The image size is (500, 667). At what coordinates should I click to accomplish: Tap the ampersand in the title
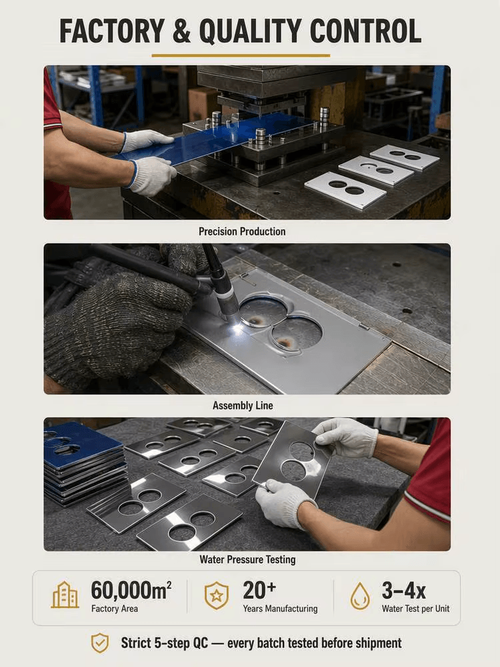point(181,31)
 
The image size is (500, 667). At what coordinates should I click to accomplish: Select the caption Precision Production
point(242,231)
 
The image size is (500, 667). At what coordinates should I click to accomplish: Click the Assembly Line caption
point(243,406)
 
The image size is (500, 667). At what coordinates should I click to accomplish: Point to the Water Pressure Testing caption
point(247,560)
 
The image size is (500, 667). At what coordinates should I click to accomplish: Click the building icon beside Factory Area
point(65,594)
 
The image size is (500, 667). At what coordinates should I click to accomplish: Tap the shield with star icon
point(217,595)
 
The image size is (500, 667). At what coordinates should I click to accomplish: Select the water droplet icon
point(360,596)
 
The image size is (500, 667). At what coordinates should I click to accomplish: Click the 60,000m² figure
point(131,590)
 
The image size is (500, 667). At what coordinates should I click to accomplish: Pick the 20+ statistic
point(259,590)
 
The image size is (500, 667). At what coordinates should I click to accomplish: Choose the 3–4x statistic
point(403,590)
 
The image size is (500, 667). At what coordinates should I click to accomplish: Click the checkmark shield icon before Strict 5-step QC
point(101,643)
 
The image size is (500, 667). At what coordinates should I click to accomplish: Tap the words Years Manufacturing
point(280,609)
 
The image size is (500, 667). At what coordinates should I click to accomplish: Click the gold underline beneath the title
point(241,55)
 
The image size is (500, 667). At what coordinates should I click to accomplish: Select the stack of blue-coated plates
point(85,462)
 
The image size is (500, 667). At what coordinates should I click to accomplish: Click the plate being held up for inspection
point(293,460)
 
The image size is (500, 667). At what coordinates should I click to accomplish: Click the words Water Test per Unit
point(415,609)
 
